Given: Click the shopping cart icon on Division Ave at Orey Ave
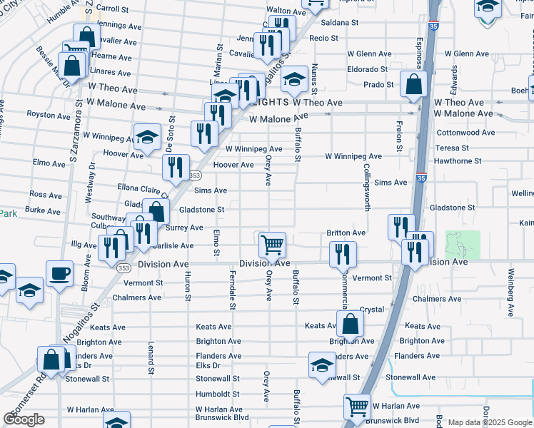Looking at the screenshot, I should (272, 245).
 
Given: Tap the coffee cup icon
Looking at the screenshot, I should (59, 273).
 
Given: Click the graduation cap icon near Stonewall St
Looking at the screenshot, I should (322, 365).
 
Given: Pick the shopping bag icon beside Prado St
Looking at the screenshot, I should (414, 85).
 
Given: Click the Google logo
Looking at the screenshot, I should (24, 419).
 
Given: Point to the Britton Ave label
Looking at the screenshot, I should (346, 233).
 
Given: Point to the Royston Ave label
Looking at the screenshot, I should (49, 114).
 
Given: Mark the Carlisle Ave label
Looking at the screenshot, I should (172, 246).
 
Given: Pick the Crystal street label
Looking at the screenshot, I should (372, 310).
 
